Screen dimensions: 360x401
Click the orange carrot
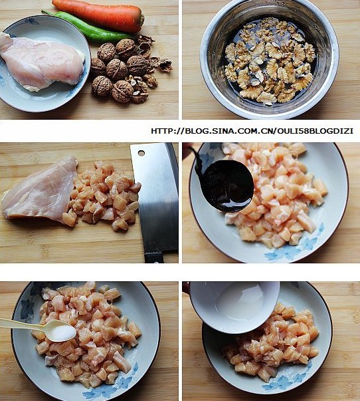coord(98,15)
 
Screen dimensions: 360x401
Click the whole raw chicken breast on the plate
coord(41,61)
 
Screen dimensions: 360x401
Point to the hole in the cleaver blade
coord(141,153)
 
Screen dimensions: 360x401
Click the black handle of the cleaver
coord(154,257)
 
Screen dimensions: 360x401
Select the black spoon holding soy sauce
coord(225,185)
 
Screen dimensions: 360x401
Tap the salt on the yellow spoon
coord(62,333)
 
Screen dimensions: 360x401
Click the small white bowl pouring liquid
coord(234,306)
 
